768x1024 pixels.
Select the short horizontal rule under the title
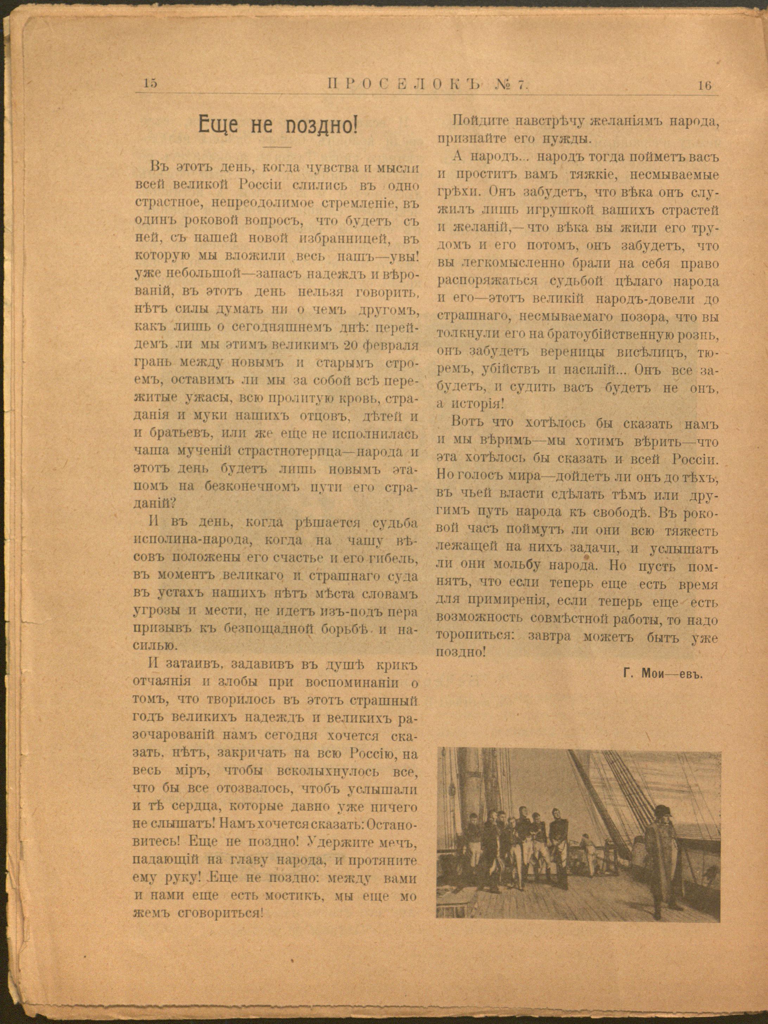[277, 147]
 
